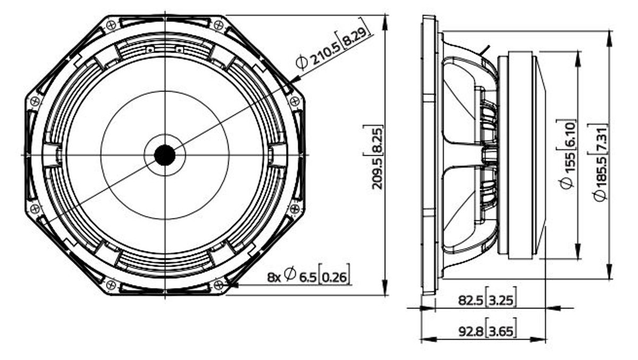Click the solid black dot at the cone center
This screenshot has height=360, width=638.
click(x=165, y=155)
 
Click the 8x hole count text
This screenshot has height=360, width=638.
click(x=274, y=278)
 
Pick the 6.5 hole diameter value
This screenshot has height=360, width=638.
click(x=308, y=278)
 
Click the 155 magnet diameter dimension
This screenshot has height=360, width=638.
click(x=569, y=163)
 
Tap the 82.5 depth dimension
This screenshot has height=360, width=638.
click(x=471, y=300)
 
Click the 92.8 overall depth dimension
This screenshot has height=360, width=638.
click(x=471, y=331)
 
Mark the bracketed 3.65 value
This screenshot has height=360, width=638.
click(x=501, y=331)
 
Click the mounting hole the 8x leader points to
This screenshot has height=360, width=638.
click(x=219, y=284)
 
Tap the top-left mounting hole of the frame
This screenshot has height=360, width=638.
click(x=111, y=26)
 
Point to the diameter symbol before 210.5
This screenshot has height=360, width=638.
click(x=301, y=63)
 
